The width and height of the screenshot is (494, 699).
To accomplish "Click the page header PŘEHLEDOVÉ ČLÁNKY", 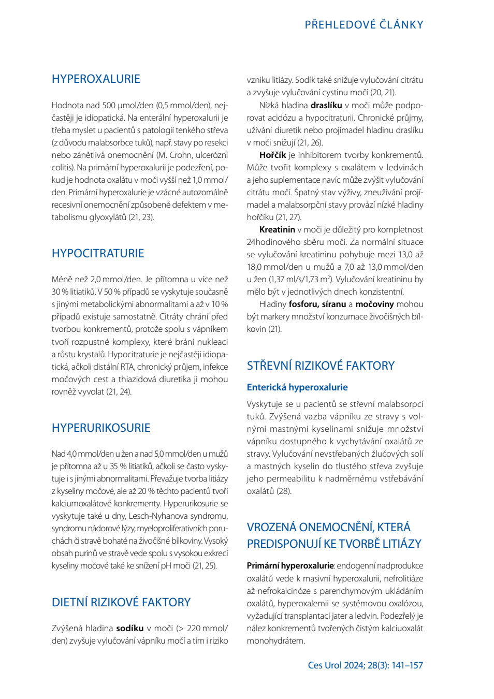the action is [x=364, y=24].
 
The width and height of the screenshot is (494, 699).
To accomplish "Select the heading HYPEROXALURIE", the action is [x=96, y=79].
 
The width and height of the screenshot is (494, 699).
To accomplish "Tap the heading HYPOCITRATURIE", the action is [x=98, y=253].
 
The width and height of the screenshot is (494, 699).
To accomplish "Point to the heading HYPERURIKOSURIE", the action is [x=101, y=428].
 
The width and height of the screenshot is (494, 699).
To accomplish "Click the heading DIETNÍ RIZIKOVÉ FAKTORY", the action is [x=121, y=602].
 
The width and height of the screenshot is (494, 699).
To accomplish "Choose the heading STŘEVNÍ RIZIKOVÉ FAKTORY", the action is [x=321, y=366].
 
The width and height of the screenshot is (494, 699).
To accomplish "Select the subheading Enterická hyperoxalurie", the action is [x=297, y=387].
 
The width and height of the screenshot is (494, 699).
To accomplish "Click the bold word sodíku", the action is [x=130, y=628].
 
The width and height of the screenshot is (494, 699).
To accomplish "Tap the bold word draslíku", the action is [x=326, y=106].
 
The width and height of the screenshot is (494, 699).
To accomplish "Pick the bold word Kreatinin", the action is [x=277, y=230].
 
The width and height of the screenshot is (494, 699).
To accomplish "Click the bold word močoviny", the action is [x=375, y=304].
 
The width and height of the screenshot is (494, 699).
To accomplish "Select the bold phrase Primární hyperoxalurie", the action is [x=290, y=566].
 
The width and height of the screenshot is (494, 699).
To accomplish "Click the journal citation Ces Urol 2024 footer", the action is [x=366, y=665].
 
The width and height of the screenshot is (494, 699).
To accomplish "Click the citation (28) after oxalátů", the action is [x=284, y=491].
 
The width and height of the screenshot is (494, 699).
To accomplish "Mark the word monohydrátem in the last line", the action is [x=276, y=641].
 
